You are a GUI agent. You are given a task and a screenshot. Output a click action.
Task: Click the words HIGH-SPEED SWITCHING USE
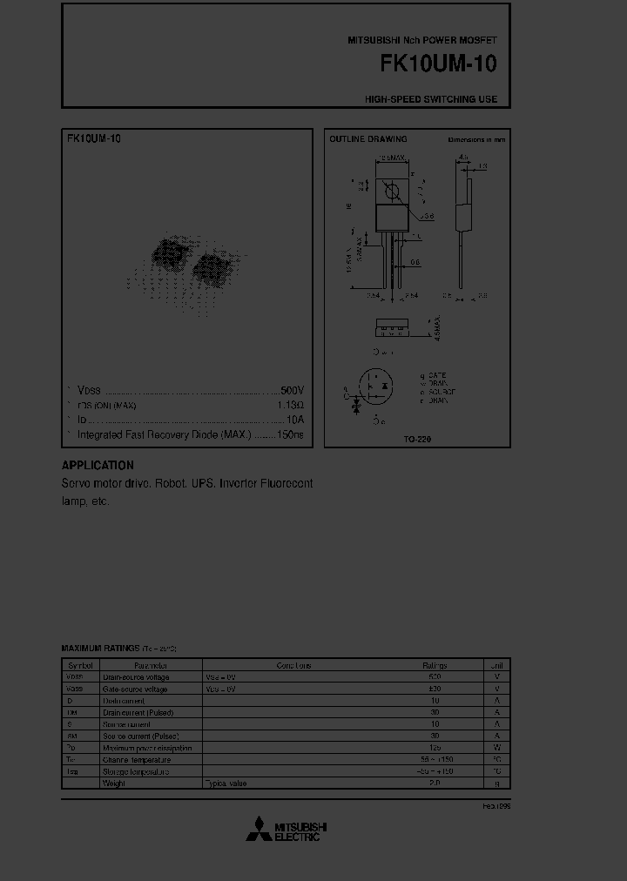[431, 99]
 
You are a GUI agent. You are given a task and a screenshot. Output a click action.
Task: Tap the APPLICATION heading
[98, 466]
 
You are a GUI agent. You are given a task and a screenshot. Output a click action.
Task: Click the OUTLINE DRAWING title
[367, 139]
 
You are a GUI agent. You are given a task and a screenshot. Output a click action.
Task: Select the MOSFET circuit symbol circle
[376, 387]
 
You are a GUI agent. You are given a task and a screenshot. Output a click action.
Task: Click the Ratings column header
[435, 665]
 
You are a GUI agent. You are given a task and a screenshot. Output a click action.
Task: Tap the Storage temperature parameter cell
[135, 771]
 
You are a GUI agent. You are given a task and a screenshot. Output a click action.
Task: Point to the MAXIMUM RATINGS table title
[99, 649]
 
